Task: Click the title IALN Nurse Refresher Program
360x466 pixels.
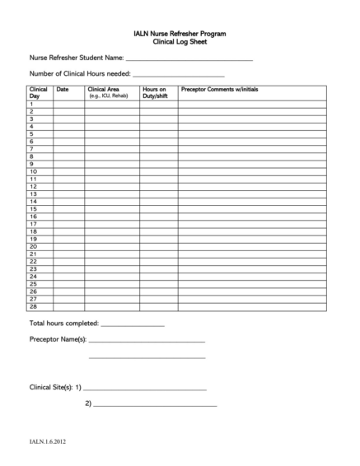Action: point(180,32)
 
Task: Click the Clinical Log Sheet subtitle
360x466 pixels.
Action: point(180,40)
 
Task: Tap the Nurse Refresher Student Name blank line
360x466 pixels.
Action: point(189,59)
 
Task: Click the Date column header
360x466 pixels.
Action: point(63,89)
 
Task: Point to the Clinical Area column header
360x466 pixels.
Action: point(110,92)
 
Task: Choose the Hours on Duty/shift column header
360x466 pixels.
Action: point(157,92)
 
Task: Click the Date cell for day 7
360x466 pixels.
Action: point(69,149)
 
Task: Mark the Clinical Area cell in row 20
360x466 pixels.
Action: point(111,246)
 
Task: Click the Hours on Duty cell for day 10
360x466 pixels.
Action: point(158,171)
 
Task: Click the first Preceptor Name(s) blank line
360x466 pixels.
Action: point(147,340)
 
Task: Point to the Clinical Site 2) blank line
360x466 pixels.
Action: point(156,404)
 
